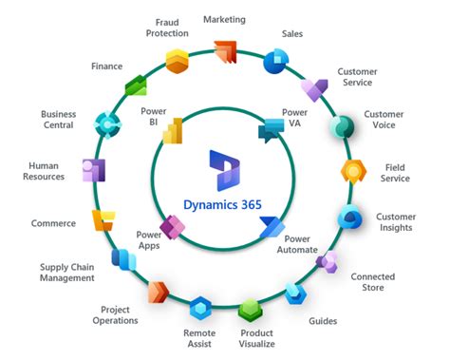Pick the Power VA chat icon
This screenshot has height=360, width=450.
[x=272, y=130]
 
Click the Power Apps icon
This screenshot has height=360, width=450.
[x=172, y=228]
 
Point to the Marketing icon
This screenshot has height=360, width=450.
[x=225, y=51]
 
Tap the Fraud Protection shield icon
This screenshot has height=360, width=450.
[x=176, y=61]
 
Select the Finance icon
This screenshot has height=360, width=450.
[x=135, y=86]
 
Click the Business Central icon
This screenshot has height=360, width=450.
[x=106, y=123]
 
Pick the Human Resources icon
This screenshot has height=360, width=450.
[x=93, y=171]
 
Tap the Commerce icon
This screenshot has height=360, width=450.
[x=103, y=220]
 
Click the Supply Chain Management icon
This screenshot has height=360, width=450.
[x=123, y=258]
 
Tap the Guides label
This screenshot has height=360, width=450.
[x=323, y=320]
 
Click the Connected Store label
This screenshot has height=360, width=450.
[x=373, y=282]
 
